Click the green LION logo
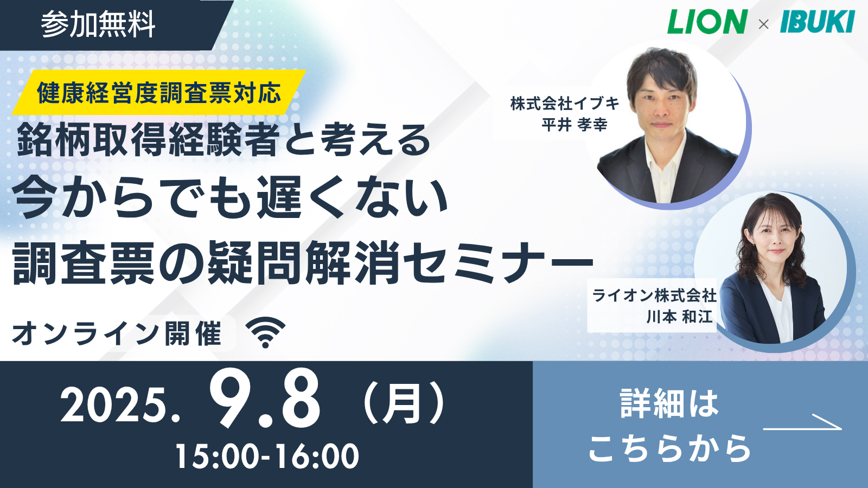pyautogui.click(x=707, y=22)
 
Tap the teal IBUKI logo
pyautogui.click(x=817, y=22)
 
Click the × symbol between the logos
pyautogui.click(x=763, y=24)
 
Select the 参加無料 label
pyautogui.click(x=98, y=24)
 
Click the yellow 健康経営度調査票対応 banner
pyautogui.click(x=159, y=93)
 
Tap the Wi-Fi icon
pyautogui.click(x=266, y=332)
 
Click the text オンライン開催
pyautogui.click(x=117, y=333)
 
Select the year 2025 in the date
pyautogui.click(x=116, y=405)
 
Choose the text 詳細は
pyautogui.click(x=669, y=404)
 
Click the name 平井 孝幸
pyautogui.click(x=575, y=125)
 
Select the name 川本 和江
pyautogui.click(x=680, y=317)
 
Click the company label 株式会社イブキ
pyautogui.click(x=565, y=104)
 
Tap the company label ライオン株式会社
pyautogui.click(x=654, y=296)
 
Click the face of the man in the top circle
pyautogui.click(x=662, y=101)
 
